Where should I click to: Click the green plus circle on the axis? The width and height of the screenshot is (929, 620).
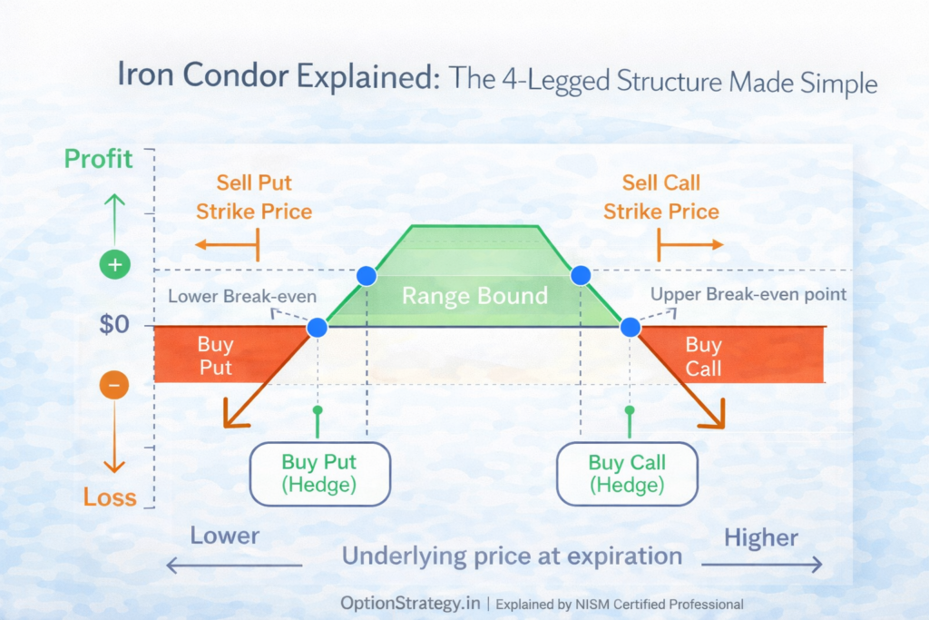pyautogui.click(x=114, y=266)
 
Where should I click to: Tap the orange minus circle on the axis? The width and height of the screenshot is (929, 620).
pyautogui.click(x=114, y=385)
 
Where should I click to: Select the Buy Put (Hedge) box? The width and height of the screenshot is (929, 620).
pyautogui.click(x=318, y=473)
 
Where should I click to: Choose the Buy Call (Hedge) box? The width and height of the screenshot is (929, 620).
pyautogui.click(x=626, y=473)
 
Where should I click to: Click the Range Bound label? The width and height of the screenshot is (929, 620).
pyautogui.click(x=474, y=296)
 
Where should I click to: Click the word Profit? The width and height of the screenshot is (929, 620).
pyautogui.click(x=98, y=160)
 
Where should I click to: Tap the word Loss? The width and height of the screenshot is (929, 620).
pyautogui.click(x=110, y=497)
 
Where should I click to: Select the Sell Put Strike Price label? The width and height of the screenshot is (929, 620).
pyautogui.click(x=254, y=198)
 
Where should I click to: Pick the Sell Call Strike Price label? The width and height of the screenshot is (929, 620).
pyautogui.click(x=660, y=198)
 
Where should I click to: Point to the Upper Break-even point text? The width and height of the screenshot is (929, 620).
pyautogui.click(x=748, y=294)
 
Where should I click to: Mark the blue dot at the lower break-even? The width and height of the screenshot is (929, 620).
pyautogui.click(x=318, y=328)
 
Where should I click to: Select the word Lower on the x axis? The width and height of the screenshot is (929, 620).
pyautogui.click(x=224, y=536)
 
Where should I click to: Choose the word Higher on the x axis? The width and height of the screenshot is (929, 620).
pyautogui.click(x=761, y=537)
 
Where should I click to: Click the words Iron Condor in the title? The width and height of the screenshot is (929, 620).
pyautogui.click(x=200, y=76)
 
